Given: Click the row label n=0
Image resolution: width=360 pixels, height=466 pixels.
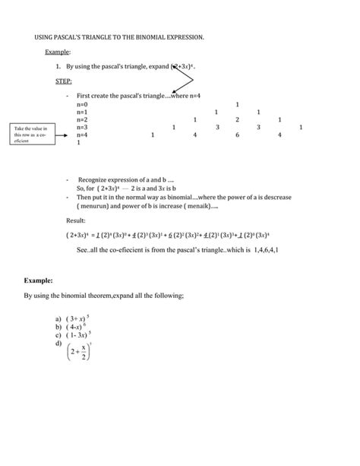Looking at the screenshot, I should point(82,104).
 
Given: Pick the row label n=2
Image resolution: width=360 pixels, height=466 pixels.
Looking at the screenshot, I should point(82,119).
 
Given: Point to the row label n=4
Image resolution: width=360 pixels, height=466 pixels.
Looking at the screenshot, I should point(82,135).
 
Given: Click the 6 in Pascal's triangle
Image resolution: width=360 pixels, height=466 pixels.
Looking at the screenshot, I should point(238,135).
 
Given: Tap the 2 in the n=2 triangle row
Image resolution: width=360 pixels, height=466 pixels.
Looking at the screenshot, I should point(238,119).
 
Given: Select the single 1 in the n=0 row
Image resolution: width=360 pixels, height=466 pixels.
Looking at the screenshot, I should point(238,104).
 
